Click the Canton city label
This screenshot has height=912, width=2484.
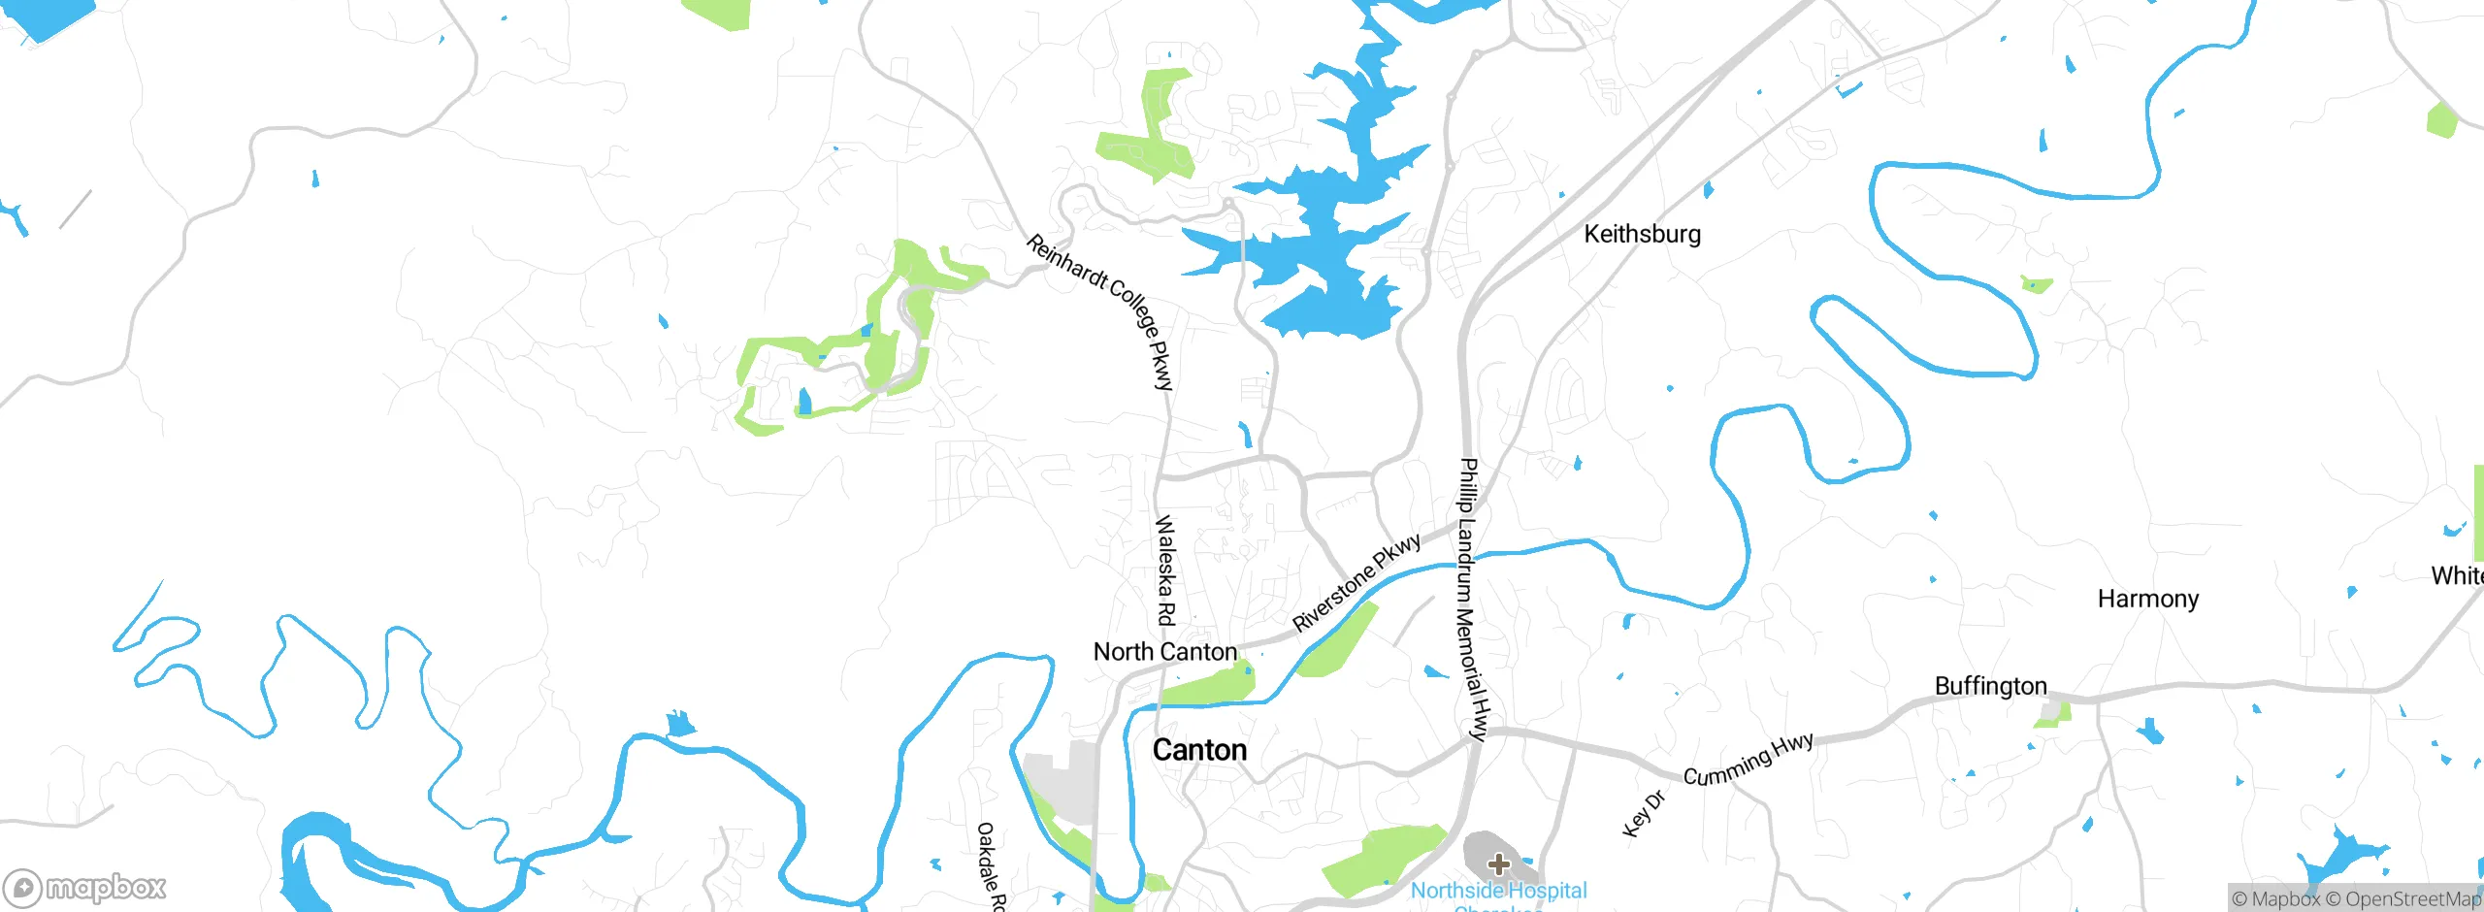click(1199, 750)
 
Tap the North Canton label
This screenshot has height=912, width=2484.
click(1164, 652)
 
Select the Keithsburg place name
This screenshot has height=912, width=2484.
click(1642, 234)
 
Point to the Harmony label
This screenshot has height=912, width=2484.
click(2147, 599)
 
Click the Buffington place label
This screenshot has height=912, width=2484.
click(1990, 686)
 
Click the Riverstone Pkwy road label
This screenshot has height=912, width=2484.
click(1356, 581)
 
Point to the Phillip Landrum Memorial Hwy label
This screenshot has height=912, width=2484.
click(1473, 599)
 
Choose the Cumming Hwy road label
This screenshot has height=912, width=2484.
click(1748, 760)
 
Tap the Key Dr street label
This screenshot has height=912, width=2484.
click(1643, 814)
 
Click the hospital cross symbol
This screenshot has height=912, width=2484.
click(1498, 863)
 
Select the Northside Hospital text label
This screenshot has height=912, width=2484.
click(1498, 891)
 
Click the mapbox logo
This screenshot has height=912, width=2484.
click(85, 887)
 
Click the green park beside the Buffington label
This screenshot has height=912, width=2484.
click(2053, 715)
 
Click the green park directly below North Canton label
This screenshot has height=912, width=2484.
click(1208, 688)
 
